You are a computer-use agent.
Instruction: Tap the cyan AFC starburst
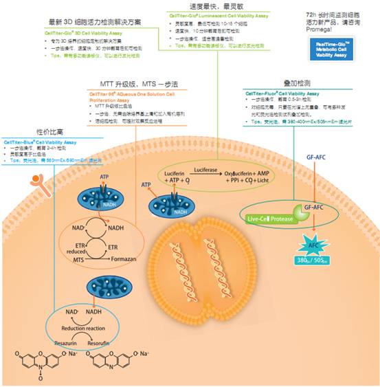point(311,245)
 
